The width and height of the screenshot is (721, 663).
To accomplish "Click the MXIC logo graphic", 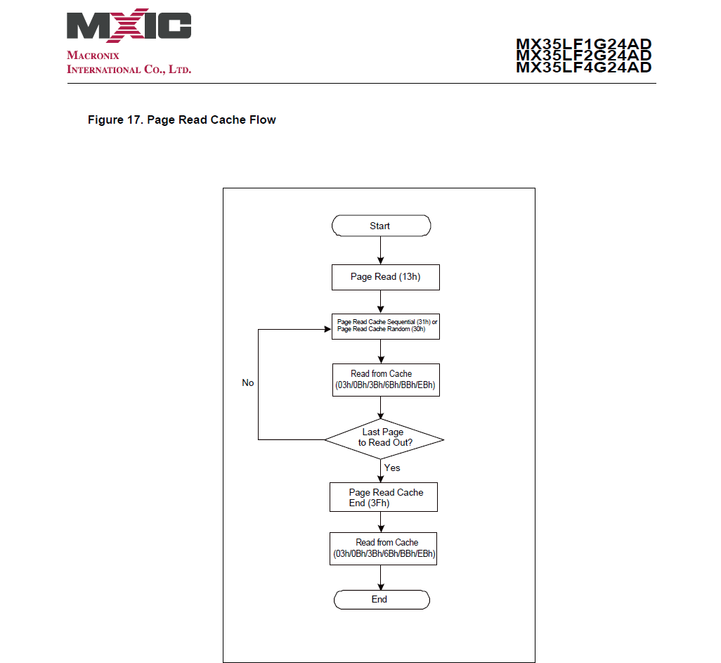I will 129,26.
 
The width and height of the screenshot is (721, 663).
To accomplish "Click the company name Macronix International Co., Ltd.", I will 129,63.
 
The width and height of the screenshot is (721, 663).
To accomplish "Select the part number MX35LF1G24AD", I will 583,44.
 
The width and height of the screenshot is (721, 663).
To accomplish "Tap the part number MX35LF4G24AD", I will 583,67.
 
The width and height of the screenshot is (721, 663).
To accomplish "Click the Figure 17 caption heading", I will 181,120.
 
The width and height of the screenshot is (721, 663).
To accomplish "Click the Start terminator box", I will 380,226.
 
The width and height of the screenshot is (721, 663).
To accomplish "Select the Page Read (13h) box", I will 385,277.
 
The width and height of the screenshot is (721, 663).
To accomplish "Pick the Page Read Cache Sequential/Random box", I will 385,326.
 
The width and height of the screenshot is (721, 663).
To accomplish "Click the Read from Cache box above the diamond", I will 385,380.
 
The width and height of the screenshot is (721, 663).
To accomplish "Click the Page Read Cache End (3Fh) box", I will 383,497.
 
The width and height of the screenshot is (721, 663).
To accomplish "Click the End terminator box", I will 380,600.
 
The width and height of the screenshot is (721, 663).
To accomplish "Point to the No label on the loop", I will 248,383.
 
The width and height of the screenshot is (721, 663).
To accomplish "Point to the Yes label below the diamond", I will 392,468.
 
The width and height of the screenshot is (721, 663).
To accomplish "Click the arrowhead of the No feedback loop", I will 327,329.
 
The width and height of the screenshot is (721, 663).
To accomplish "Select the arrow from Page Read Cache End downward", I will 380,522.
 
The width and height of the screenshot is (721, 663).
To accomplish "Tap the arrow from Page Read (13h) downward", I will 380,301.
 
